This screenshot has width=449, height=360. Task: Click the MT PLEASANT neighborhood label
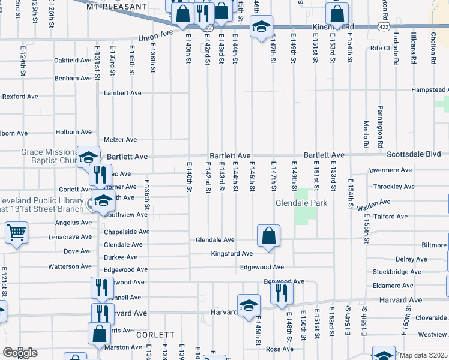(116, 6)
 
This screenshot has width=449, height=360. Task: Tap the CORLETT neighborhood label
(155, 335)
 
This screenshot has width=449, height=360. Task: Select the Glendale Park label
(301, 203)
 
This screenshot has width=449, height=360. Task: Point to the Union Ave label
(151, 37)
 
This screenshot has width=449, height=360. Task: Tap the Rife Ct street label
(380, 48)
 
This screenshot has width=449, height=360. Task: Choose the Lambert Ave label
(122, 93)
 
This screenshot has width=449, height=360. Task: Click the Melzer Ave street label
(120, 140)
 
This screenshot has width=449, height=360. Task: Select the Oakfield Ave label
(73, 61)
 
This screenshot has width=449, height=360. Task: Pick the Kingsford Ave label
(232, 254)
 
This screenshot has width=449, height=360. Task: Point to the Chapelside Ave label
(127, 232)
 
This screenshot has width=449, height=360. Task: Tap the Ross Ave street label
(279, 349)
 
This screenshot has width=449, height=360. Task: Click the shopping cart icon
(16, 233)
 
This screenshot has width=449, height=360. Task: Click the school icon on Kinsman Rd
(261, 27)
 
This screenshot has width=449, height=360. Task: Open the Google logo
(20, 353)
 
